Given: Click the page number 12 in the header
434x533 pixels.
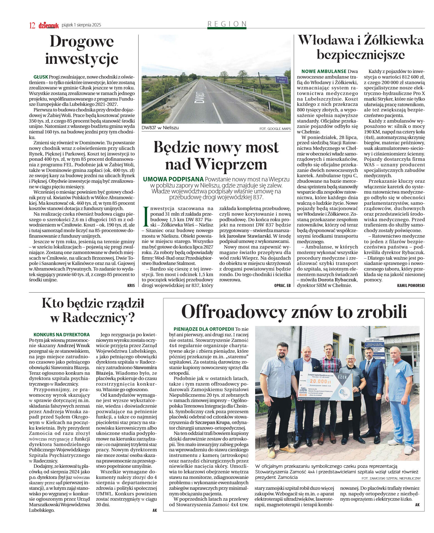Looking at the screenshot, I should [x=32, y=25].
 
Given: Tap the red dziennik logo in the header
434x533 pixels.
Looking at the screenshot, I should [x=48, y=25].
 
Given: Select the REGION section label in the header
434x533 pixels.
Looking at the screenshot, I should [x=227, y=24].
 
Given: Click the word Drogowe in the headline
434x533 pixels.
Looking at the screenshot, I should [x=82, y=42].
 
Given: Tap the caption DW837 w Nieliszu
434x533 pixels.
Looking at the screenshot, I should [x=160, y=128].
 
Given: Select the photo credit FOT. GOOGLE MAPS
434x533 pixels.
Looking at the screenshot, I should [x=275, y=129].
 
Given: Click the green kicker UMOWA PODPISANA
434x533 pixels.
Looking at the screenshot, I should [x=173, y=179].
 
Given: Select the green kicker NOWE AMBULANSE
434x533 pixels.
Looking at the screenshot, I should [x=324, y=71].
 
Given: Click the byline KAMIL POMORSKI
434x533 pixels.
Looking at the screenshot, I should [x=411, y=286].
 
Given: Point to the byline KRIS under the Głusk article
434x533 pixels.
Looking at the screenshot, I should [x=131, y=286].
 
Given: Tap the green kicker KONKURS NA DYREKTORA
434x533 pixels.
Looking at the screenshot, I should [x=62, y=335].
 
